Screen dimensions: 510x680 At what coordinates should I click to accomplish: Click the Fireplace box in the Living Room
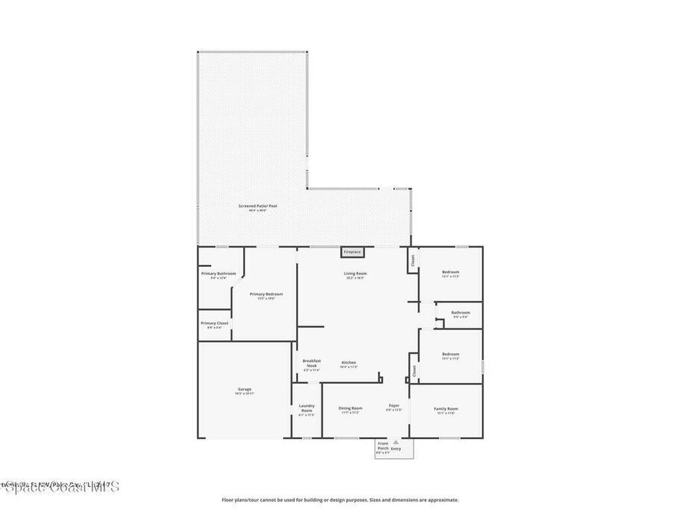tap(352, 252)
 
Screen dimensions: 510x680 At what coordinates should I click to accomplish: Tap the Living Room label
tap(355, 274)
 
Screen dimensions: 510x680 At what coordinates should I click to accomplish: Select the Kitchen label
tap(349, 363)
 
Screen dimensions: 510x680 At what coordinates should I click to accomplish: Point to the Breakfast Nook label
tap(311, 363)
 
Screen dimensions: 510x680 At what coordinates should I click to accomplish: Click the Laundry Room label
tap(306, 408)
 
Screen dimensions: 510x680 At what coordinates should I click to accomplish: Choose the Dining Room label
tap(351, 408)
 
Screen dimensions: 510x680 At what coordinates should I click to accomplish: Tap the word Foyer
tap(394, 405)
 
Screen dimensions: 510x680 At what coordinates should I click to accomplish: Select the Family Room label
tap(446, 408)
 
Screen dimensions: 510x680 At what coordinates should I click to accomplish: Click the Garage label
tap(244, 389)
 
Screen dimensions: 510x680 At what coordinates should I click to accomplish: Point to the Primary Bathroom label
tap(218, 274)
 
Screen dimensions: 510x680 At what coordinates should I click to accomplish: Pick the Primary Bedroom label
tap(266, 294)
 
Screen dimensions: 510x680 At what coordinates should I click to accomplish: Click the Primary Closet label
tap(214, 323)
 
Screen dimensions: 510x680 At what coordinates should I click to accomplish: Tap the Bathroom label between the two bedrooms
tap(461, 313)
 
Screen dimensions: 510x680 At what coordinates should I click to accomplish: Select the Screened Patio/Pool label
tap(258, 207)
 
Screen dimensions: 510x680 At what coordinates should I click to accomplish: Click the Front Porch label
tap(383, 446)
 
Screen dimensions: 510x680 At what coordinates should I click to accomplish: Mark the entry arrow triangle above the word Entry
tap(396, 442)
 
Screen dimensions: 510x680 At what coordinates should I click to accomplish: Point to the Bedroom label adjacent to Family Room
tap(451, 355)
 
